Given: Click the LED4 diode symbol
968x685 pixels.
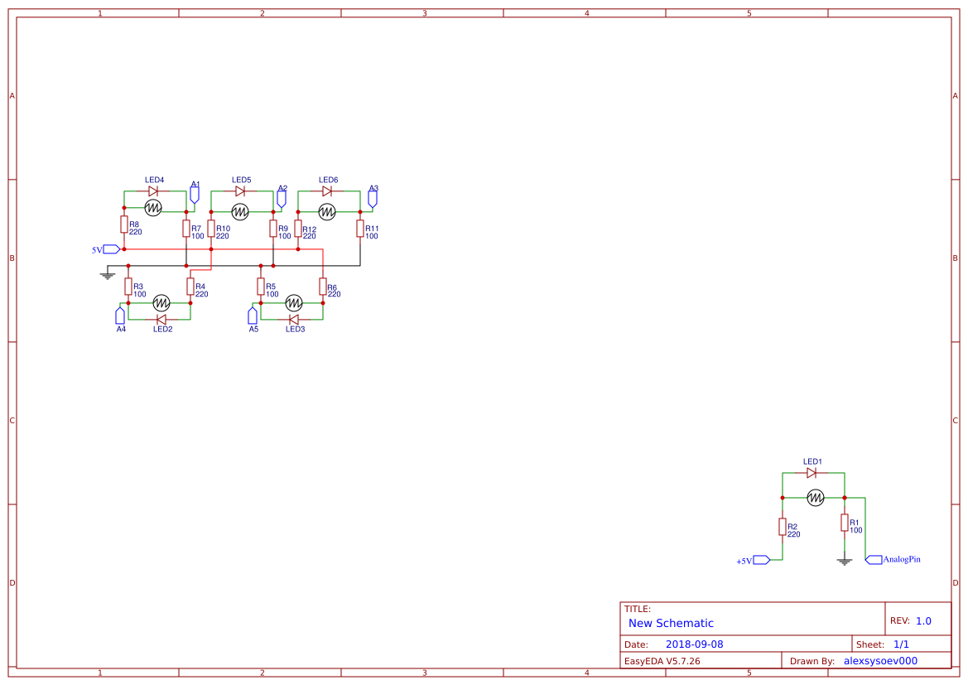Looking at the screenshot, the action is pyautogui.click(x=153, y=191).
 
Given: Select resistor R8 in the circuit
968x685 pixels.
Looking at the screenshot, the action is pyautogui.click(x=124, y=224).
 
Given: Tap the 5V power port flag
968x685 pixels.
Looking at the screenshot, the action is pyautogui.click(x=112, y=249).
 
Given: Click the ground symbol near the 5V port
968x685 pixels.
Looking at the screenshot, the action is pyautogui.click(x=108, y=276).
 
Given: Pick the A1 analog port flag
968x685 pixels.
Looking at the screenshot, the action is pyautogui.click(x=195, y=195).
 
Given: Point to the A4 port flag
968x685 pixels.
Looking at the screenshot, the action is pyautogui.click(x=120, y=315).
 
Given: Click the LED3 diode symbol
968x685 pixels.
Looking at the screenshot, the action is pyautogui.click(x=294, y=320).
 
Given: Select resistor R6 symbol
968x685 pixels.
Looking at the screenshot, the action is pyautogui.click(x=323, y=286).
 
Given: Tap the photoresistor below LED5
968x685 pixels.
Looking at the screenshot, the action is pyautogui.click(x=240, y=212).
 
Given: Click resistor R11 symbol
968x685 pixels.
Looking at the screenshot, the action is pyautogui.click(x=360, y=229).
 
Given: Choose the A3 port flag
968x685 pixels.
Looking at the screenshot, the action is pyautogui.click(x=373, y=199).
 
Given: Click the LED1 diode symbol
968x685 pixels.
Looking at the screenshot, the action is pyautogui.click(x=811, y=473).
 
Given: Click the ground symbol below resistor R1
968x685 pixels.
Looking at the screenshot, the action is pyautogui.click(x=845, y=561).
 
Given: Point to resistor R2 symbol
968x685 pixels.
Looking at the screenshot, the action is pyautogui.click(x=783, y=527).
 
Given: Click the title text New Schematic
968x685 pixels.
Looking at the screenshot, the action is pyautogui.click(x=671, y=623).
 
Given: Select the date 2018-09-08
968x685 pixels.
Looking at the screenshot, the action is pyautogui.click(x=695, y=644).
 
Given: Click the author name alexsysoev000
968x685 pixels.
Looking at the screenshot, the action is pyautogui.click(x=880, y=661).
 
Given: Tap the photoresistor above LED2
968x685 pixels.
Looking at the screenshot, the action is pyautogui.click(x=161, y=302).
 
